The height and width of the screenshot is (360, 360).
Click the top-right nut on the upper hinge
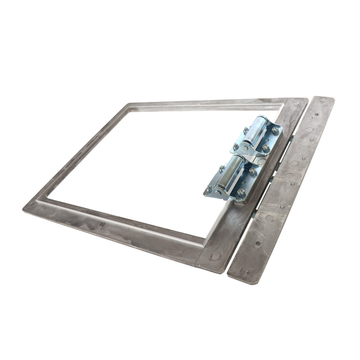(275, 130)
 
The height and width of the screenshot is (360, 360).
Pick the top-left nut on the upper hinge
(246, 129)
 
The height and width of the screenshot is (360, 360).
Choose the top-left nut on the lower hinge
(222, 168)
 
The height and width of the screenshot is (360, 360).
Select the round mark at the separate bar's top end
(323, 101)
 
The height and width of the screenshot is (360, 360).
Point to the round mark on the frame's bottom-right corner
(215, 256)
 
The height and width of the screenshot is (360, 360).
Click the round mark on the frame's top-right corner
(296, 103)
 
